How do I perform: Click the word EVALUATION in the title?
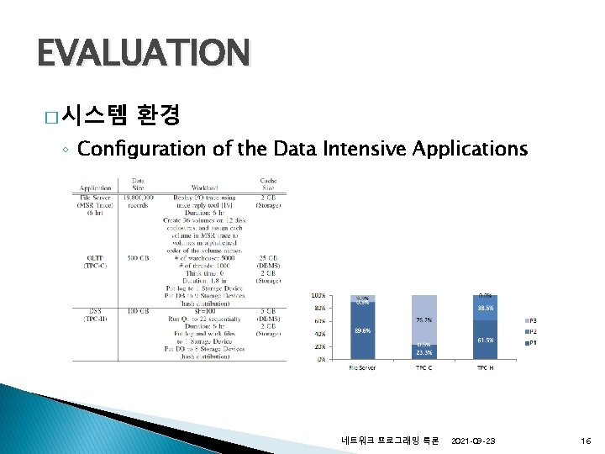tap(143, 53)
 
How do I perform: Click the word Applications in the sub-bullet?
tap(471, 149)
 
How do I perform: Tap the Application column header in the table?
tap(96, 187)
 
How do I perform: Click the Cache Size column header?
tap(269, 183)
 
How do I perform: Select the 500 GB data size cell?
tap(139, 257)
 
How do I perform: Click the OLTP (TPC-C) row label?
tap(95, 261)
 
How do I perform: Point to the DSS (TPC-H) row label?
tap(95, 315)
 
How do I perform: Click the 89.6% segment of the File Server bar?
tap(363, 331)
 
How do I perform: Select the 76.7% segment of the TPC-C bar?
tap(424, 320)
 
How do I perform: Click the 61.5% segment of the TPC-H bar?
tap(486, 340)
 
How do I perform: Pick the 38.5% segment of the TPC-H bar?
tap(486, 309)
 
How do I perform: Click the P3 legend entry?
tap(531, 321)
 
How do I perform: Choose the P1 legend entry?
tap(531, 343)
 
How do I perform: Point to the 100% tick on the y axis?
tap(319, 295)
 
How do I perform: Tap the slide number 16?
tap(585, 441)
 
